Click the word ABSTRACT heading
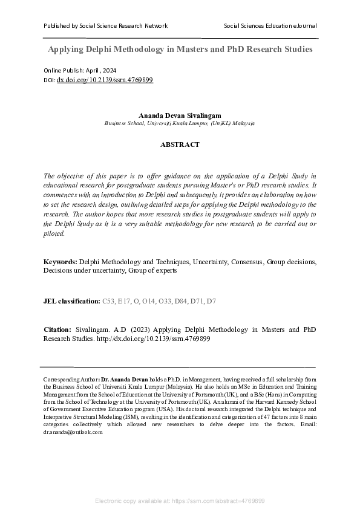click(x=180, y=145)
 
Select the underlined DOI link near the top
click(x=105, y=80)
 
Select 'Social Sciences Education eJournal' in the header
click(x=270, y=26)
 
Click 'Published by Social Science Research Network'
click(x=106, y=26)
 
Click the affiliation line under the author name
click(x=180, y=122)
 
